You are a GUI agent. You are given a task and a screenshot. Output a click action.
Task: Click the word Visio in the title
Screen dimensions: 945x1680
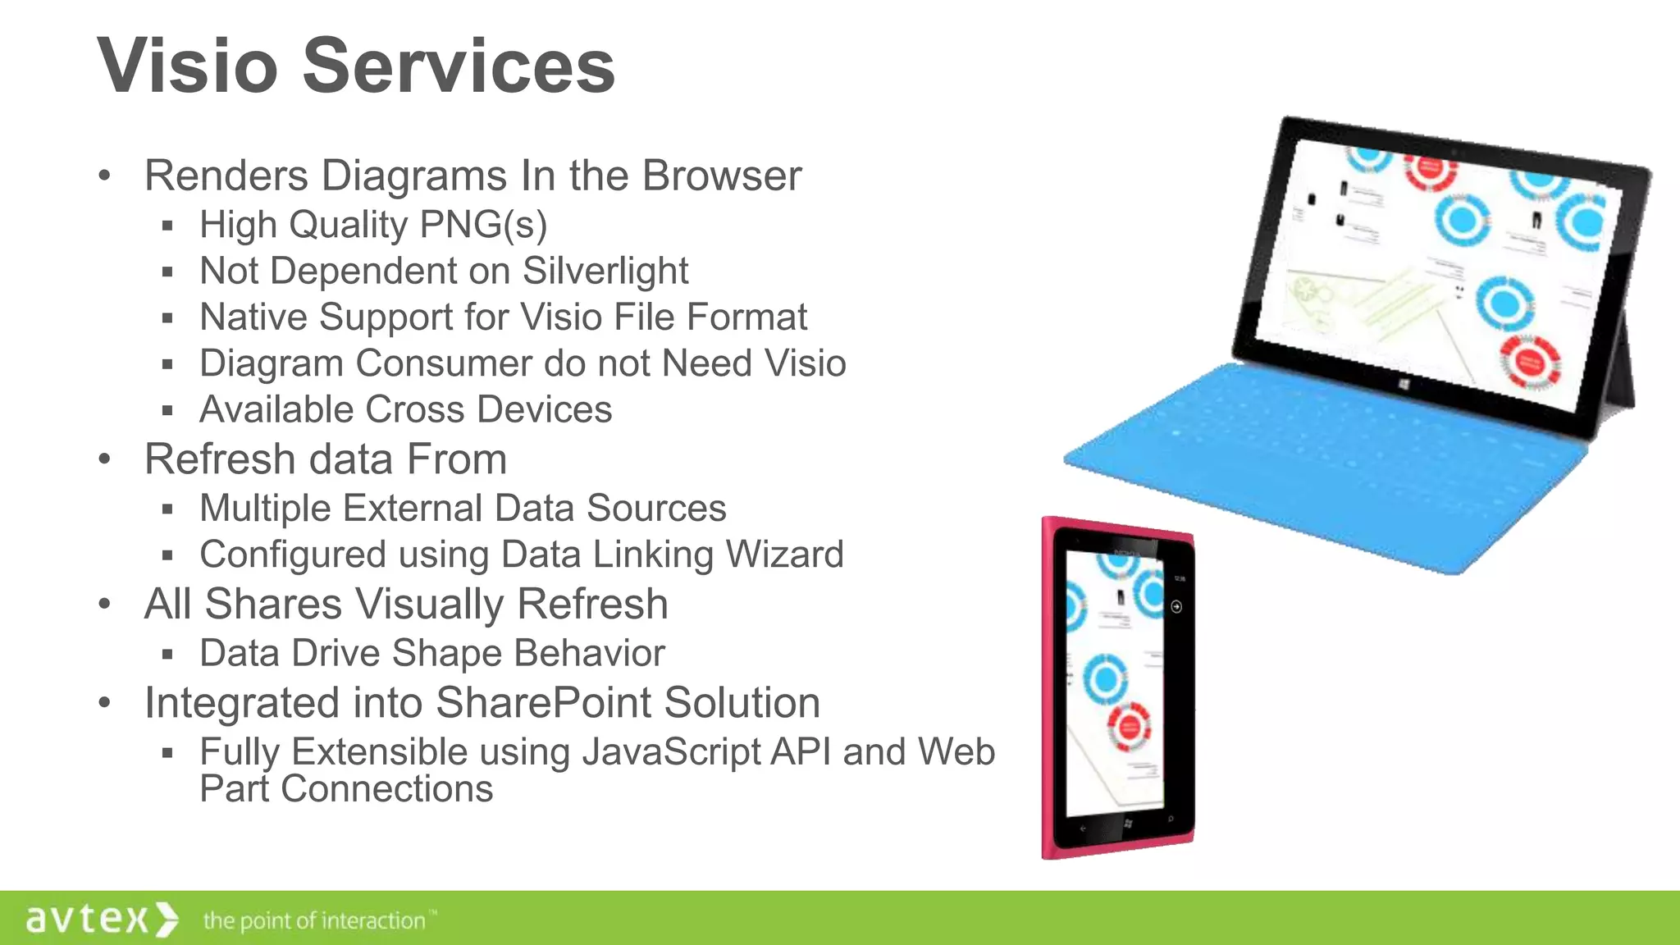click(188, 66)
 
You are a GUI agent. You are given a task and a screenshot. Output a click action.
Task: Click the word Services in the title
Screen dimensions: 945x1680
click(459, 66)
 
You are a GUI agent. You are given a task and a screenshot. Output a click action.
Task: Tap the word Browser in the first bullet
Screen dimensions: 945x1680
click(722, 176)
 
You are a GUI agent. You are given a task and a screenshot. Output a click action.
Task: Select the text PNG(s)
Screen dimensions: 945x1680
click(483, 225)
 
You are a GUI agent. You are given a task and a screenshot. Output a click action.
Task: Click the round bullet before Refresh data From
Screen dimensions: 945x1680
click(104, 459)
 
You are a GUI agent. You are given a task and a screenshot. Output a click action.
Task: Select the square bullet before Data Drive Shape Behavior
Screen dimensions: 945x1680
click(167, 655)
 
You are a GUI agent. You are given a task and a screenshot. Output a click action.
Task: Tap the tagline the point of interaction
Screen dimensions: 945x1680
click(315, 921)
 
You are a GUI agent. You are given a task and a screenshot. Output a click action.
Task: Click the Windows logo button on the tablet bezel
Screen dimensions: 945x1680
click(1404, 385)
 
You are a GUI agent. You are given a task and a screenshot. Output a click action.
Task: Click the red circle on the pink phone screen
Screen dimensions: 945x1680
click(1129, 727)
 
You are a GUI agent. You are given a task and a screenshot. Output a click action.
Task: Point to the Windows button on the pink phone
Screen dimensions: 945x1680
click(1128, 824)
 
